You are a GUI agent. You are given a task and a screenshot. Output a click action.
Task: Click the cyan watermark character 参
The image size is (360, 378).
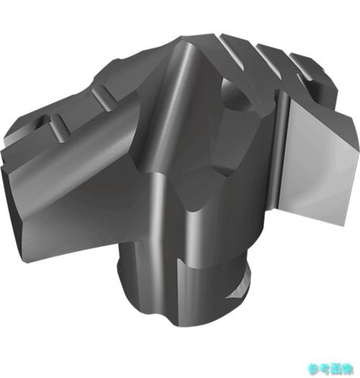coord(313,369)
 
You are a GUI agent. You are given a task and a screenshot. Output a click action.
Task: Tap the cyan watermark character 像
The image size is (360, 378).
coord(348,369)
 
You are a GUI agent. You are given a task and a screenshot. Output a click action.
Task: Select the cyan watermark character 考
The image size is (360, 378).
coord(325,369)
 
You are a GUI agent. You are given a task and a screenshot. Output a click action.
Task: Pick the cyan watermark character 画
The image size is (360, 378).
coord(336,369)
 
